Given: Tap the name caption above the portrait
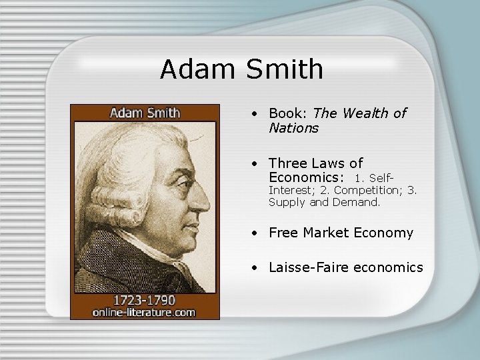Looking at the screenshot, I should [145, 112].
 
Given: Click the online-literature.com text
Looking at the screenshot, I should [145, 311].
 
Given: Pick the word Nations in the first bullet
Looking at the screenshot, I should [294, 127].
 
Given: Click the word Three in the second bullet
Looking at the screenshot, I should [289, 163].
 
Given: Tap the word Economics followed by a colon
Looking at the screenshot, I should [307, 177].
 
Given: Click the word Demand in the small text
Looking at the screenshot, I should [357, 202].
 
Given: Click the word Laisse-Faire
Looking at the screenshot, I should [309, 267].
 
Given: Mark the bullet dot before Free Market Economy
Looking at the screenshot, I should [255, 233].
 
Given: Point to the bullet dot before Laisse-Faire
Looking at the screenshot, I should [255, 268].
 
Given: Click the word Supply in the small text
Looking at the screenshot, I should [287, 202].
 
